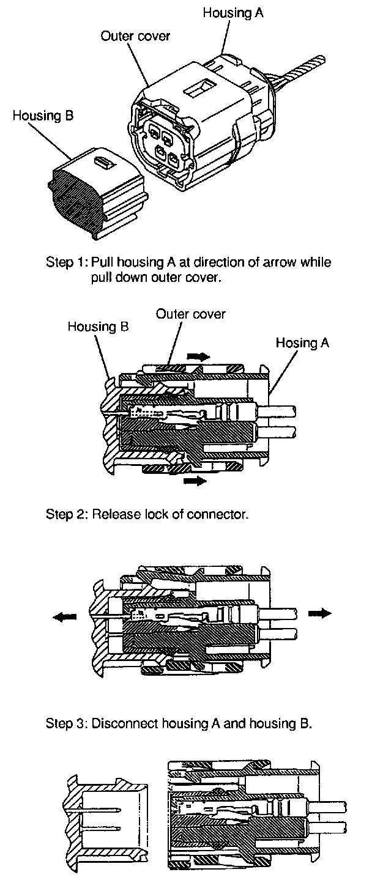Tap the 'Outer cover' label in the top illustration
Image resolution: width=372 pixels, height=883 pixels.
pos(135,37)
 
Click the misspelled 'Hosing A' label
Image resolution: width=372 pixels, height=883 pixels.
pos(302,343)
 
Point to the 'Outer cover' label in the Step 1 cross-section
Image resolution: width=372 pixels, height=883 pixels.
pos(191,314)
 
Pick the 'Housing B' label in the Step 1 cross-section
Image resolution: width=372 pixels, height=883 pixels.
pos(98,327)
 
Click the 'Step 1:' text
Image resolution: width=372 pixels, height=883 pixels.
pos(67,263)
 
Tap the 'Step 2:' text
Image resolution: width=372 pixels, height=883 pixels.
pos(67,514)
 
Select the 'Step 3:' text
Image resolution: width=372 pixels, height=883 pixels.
pos(67,725)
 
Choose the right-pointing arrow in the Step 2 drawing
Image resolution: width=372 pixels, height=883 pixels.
pos(319,613)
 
